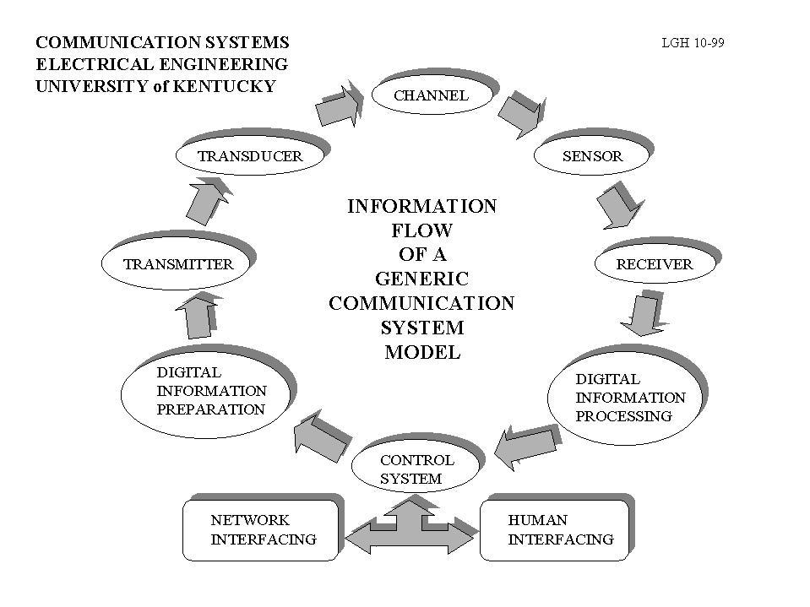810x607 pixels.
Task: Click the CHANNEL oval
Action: [431, 95]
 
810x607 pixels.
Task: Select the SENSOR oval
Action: [592, 155]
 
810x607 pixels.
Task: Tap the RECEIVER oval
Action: [654, 264]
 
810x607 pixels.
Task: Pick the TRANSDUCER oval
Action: [249, 155]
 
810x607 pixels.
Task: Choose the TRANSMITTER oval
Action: [177, 264]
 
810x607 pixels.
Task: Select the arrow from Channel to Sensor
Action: [519, 113]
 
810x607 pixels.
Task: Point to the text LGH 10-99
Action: [693, 43]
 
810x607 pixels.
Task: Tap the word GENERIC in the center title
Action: [421, 279]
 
